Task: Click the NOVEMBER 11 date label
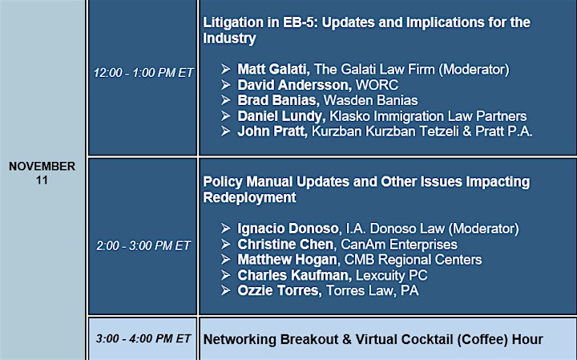(x=42, y=173)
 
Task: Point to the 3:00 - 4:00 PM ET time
(x=143, y=338)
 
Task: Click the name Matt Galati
(x=273, y=69)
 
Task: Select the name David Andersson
(x=294, y=85)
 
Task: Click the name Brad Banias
(x=278, y=100)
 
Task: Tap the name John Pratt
(x=272, y=131)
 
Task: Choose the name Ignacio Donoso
(x=288, y=229)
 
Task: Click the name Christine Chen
(x=285, y=245)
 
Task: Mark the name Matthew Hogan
(x=288, y=260)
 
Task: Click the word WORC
(x=377, y=85)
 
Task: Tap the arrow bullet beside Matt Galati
(x=225, y=69)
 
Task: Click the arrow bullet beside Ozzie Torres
(x=225, y=290)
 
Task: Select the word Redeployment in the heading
(x=249, y=198)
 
